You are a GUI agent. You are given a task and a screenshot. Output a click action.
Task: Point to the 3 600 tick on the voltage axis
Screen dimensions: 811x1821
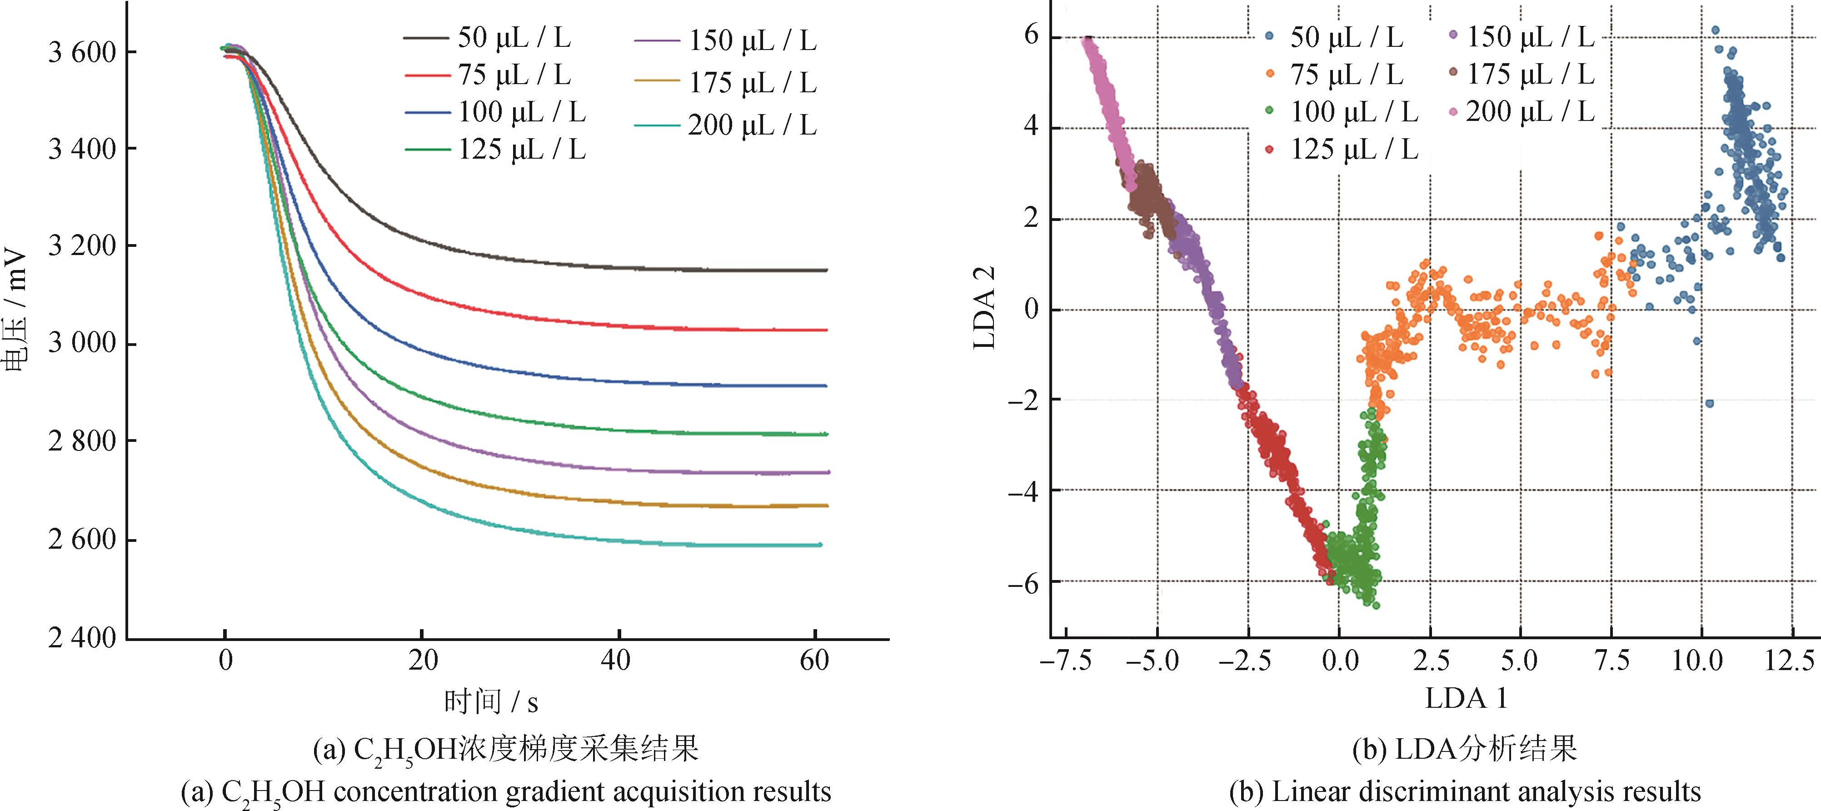81,52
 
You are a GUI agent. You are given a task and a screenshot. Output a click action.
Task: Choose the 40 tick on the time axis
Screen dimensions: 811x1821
616,661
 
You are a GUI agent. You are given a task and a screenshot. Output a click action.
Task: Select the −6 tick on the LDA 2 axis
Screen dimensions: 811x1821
1023,581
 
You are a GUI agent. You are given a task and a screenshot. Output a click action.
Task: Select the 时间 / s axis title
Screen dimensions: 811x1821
491,701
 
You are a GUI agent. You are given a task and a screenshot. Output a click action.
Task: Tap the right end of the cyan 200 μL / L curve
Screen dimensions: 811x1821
819,545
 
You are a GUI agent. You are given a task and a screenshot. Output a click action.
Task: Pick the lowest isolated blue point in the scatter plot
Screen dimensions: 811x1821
1709,404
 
